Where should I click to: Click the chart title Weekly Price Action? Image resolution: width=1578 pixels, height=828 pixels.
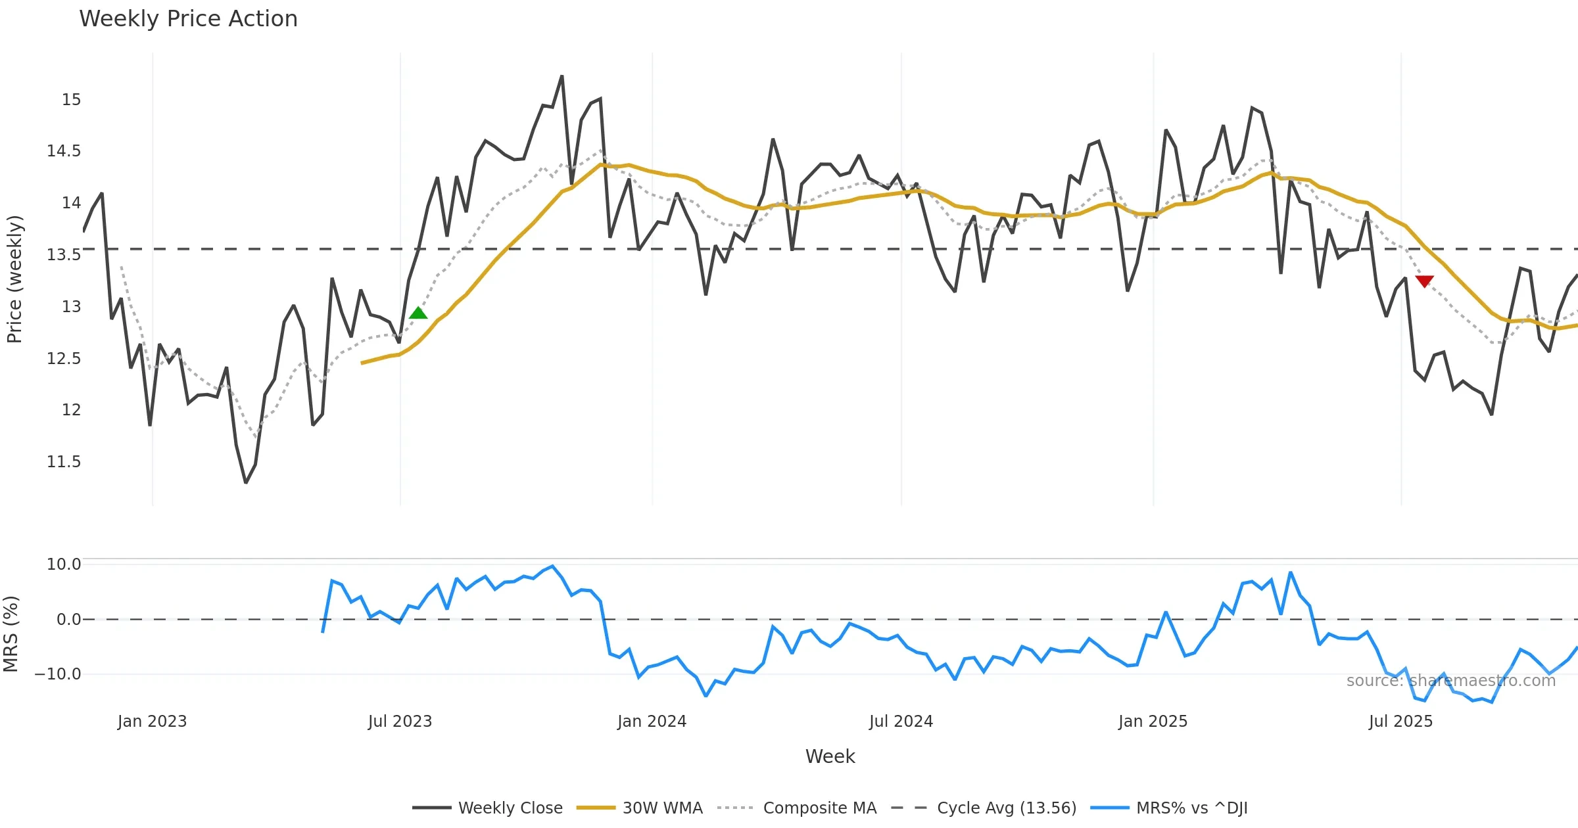pyautogui.click(x=188, y=19)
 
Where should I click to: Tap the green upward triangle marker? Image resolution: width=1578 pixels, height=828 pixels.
pyautogui.click(x=418, y=313)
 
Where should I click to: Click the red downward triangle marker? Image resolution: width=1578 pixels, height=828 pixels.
pyautogui.click(x=1424, y=281)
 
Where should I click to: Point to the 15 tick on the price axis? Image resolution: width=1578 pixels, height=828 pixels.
pyautogui.click(x=71, y=100)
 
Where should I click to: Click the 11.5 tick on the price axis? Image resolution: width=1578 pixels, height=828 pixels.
pyautogui.click(x=64, y=462)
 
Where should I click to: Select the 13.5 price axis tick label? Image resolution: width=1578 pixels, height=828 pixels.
pyautogui.click(x=64, y=255)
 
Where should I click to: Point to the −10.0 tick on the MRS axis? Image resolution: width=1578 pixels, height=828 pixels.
pyautogui.click(x=58, y=674)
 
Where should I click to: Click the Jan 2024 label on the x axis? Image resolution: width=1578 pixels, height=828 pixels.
pyautogui.click(x=652, y=722)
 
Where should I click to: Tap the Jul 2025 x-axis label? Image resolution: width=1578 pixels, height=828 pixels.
pyautogui.click(x=1400, y=722)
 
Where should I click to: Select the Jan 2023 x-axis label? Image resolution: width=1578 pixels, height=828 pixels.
pyautogui.click(x=152, y=722)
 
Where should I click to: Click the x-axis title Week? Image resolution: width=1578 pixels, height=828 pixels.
pyautogui.click(x=830, y=757)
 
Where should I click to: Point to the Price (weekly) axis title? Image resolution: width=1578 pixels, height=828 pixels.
pyautogui.click(x=14, y=279)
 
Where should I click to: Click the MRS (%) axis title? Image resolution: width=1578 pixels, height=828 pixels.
pyautogui.click(x=11, y=634)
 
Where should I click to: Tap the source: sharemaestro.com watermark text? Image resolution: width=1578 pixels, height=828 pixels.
pyautogui.click(x=1450, y=681)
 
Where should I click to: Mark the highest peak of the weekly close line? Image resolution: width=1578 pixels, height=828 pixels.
pyautogui.click(x=562, y=76)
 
